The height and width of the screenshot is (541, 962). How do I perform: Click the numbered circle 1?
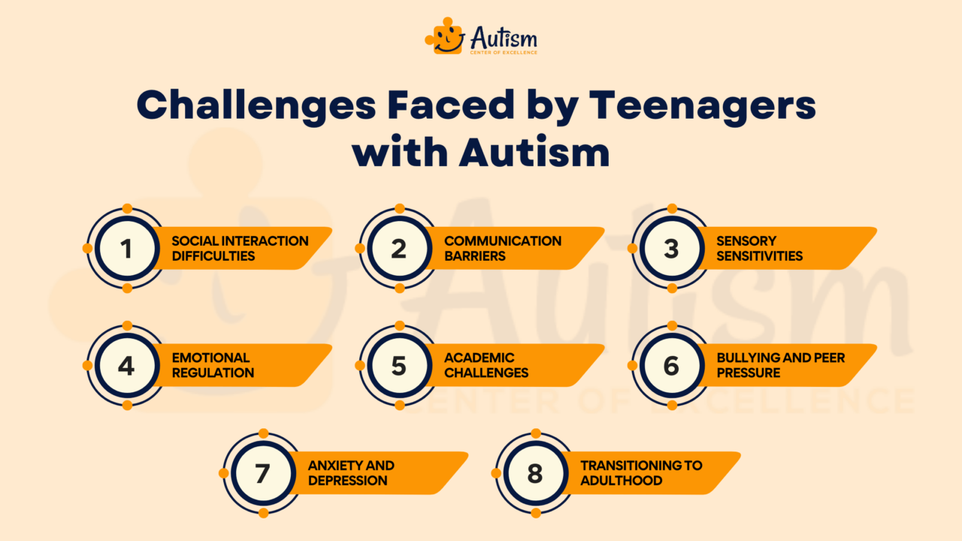click(x=126, y=249)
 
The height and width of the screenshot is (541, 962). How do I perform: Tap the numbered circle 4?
click(x=126, y=366)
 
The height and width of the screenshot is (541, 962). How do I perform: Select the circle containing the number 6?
click(x=671, y=366)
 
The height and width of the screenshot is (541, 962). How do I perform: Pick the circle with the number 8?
click(x=535, y=473)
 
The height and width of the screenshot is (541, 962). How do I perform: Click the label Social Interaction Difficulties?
click(x=240, y=248)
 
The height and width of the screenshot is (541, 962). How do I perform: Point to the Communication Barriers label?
click(x=502, y=248)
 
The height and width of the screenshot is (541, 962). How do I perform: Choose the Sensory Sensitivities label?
click(x=759, y=248)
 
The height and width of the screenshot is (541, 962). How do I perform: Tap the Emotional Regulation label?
click(x=213, y=365)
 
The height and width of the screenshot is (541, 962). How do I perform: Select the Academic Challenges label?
click(x=486, y=365)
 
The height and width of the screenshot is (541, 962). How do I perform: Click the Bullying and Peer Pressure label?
click(x=780, y=365)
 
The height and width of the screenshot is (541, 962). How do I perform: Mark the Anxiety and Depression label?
click(x=350, y=473)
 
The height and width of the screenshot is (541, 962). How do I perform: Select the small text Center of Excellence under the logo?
click(x=504, y=53)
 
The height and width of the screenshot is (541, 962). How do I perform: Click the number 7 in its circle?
click(x=262, y=473)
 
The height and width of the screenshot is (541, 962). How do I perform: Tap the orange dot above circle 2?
click(x=400, y=208)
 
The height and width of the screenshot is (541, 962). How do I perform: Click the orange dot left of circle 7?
click(x=223, y=473)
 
